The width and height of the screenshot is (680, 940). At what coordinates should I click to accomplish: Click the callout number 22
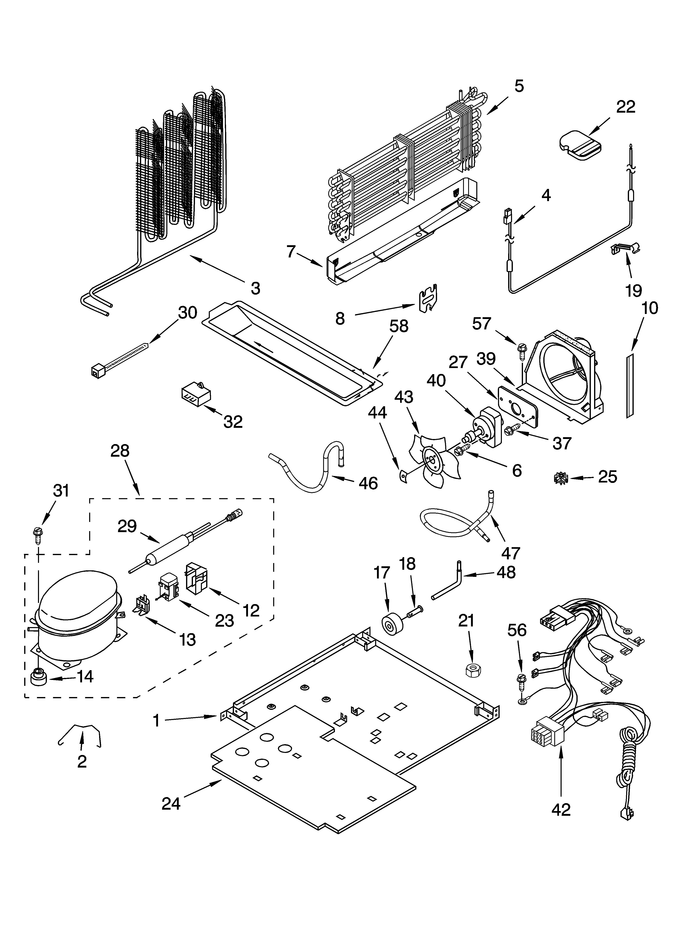click(625, 107)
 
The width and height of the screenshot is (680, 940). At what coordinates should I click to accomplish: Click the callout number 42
click(561, 809)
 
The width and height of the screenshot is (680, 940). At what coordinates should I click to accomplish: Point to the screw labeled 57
click(521, 352)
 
